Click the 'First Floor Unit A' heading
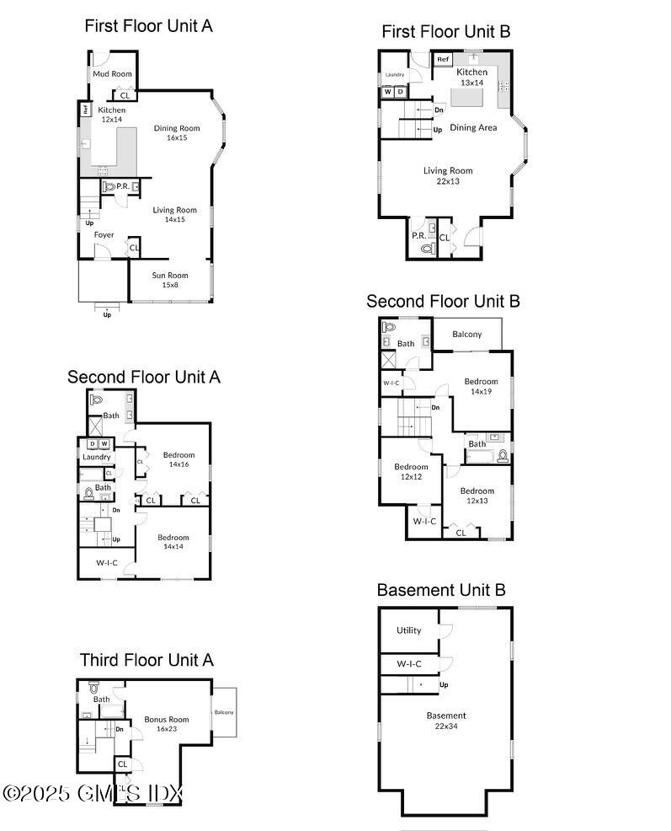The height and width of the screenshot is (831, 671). point(148,26)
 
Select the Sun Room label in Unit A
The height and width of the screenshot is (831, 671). point(170,280)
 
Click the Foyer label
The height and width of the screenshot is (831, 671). point(104,235)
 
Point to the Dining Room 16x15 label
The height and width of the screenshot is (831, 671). point(177,132)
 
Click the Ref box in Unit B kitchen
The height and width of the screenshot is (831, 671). point(444,60)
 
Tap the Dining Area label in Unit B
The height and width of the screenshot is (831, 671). point(473,128)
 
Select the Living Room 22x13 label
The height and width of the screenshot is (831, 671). point(449,175)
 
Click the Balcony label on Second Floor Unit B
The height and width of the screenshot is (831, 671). point(467,335)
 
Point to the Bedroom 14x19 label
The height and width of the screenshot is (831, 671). point(481,386)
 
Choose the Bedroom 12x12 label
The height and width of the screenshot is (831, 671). point(412,472)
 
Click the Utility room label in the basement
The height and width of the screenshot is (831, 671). point(409,630)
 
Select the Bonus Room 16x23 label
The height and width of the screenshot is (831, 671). point(167,724)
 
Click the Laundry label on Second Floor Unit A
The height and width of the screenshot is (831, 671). point(97,458)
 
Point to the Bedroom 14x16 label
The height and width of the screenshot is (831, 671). point(178,459)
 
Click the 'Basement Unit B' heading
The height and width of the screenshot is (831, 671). point(441,590)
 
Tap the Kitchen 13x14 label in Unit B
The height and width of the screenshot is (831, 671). point(471,77)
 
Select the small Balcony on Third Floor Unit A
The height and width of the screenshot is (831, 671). point(224,713)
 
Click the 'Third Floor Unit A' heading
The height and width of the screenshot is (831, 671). point(146,659)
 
